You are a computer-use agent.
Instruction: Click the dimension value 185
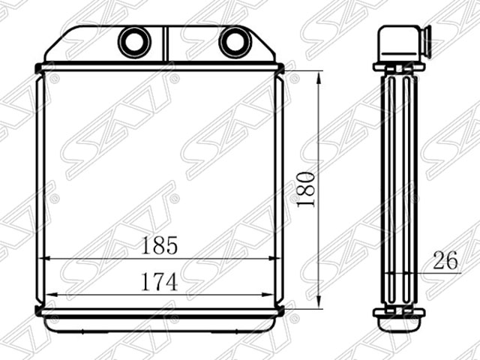pyautogui.click(x=159, y=245)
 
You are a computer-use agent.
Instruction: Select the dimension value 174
pyautogui.click(x=159, y=282)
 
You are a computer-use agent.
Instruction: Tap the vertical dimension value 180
pyautogui.click(x=306, y=190)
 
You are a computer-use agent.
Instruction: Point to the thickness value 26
pyautogui.click(x=445, y=260)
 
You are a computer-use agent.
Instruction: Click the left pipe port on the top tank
pyautogui.click(x=134, y=41)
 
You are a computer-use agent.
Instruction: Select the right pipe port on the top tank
pyautogui.click(x=235, y=41)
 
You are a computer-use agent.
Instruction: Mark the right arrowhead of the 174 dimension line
pyautogui.click(x=268, y=295)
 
